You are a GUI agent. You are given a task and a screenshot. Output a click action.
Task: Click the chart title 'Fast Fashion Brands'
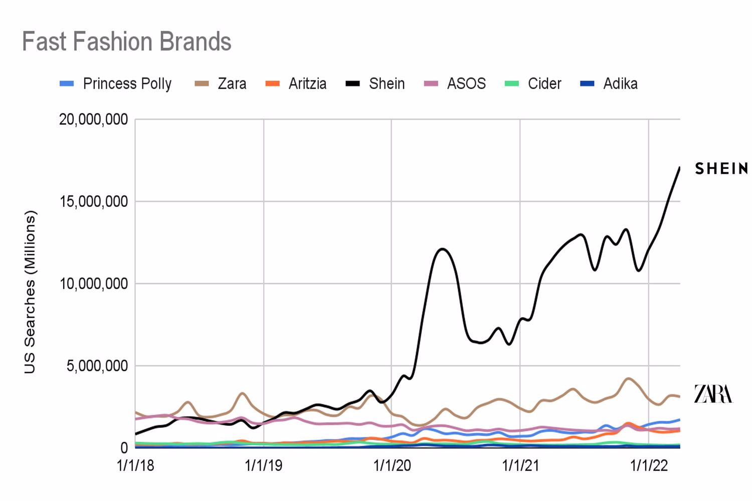coord(126,41)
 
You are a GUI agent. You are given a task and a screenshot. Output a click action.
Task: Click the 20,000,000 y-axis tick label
coord(94,120)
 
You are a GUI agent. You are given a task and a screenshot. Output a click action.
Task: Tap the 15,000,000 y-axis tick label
coord(94,202)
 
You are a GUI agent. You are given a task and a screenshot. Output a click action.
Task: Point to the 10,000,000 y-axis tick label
coord(94,284)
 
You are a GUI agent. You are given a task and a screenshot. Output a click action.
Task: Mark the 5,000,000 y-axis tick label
coord(97,366)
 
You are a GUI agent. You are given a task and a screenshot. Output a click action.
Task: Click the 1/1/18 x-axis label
coord(135,466)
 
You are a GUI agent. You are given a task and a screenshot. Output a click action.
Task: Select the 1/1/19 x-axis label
coord(264,466)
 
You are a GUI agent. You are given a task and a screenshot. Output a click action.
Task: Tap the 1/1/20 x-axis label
coord(392,466)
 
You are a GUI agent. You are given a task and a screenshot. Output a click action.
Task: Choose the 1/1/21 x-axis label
coord(520,466)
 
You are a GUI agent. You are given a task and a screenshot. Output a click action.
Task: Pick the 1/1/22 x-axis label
coord(649,466)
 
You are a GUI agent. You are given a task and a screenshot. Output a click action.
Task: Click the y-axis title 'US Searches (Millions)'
coord(30,292)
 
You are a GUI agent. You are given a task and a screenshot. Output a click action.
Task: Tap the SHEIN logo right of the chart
coord(721,169)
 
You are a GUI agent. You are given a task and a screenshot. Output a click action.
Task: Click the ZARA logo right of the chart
coord(713,394)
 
